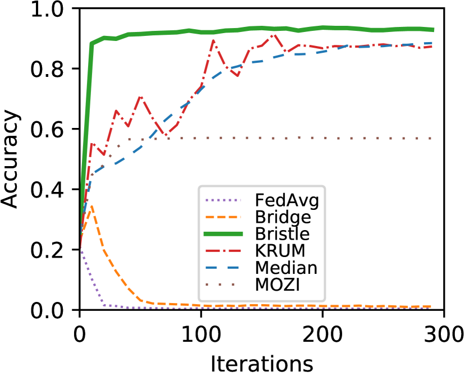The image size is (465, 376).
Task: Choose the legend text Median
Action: point(286,268)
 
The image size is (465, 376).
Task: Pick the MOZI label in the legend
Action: point(278,285)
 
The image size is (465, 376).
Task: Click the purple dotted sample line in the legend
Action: point(224,200)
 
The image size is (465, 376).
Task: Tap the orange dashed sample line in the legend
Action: point(224,217)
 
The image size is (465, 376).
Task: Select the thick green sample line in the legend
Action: point(224,234)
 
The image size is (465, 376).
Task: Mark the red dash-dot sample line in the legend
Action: point(224,251)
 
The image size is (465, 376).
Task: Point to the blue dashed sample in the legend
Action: point(224,268)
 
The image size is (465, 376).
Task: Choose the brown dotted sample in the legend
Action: point(224,285)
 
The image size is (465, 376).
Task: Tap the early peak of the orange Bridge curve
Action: point(91,206)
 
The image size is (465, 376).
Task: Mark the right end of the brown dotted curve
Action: point(431,138)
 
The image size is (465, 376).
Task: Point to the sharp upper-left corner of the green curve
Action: point(92,43)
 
